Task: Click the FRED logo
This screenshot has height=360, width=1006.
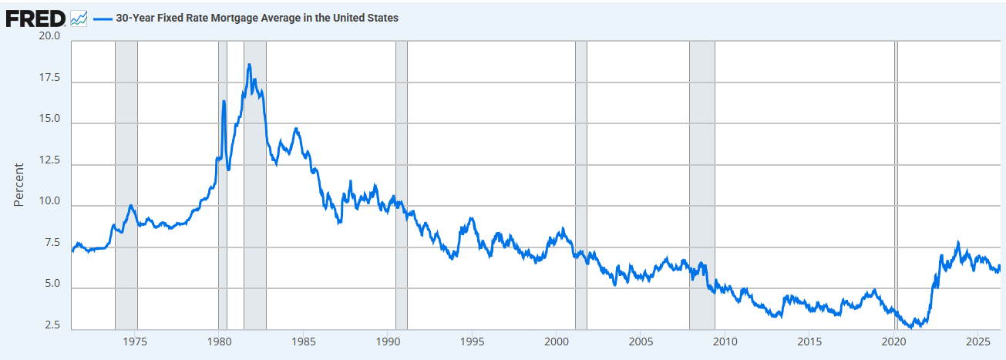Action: (x=35, y=19)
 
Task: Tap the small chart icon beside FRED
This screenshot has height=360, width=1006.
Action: (x=79, y=19)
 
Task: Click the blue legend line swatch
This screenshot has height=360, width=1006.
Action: (x=103, y=19)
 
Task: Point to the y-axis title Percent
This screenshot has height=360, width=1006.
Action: (x=19, y=185)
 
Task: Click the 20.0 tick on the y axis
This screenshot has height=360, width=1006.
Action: (x=49, y=35)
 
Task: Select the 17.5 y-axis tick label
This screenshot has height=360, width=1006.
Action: (x=49, y=77)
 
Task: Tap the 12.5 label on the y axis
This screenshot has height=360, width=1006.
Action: (x=49, y=160)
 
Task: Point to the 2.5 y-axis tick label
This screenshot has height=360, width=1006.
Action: (x=52, y=325)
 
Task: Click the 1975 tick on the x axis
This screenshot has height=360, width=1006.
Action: (x=135, y=341)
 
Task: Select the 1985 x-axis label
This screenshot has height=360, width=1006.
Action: (x=304, y=341)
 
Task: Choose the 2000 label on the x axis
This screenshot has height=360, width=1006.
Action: (x=557, y=341)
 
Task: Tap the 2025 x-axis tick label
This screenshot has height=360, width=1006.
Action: (x=978, y=341)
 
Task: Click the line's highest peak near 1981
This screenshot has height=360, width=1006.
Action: (x=249, y=65)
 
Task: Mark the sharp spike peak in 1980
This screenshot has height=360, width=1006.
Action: (x=224, y=102)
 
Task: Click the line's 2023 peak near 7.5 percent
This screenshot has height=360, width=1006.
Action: (x=958, y=242)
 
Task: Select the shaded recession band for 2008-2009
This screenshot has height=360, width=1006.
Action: (x=702, y=185)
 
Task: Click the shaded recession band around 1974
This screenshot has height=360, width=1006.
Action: (x=126, y=185)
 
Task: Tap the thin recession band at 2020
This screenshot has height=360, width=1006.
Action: (x=896, y=185)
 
